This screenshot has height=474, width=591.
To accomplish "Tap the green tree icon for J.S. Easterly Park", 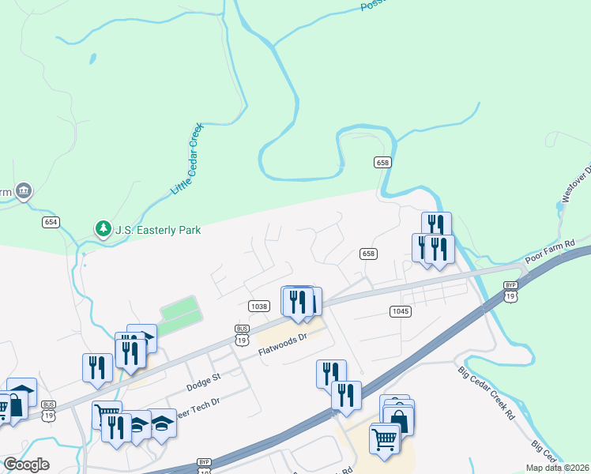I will (103, 229).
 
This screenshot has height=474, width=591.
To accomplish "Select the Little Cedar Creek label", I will (187, 159).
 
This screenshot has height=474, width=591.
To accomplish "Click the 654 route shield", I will (51, 222).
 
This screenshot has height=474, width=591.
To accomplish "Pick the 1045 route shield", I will (401, 311).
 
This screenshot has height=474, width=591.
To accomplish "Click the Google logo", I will (26, 465).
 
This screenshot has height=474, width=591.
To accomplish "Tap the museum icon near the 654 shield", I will (24, 191).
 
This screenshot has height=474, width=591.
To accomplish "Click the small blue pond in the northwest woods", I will (93, 58).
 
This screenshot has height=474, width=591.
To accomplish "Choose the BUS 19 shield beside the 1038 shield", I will (243, 334).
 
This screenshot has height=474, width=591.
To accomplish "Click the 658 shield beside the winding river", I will (382, 162).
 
